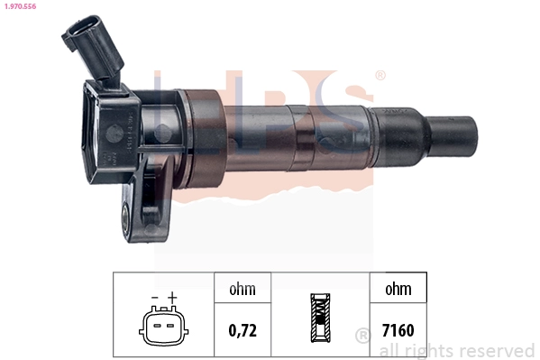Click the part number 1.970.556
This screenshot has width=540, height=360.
pos(20,6)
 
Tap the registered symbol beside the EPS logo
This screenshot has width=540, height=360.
pos(380,76)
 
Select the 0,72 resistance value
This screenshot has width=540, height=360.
pos(243,330)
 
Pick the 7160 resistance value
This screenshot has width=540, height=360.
pos(397,330)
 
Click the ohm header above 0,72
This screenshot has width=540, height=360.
pos(243,290)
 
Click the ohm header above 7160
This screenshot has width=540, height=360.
pos(397,290)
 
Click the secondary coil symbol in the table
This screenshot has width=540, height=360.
pos(320,318)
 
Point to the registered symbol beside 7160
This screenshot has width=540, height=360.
pos(363,337)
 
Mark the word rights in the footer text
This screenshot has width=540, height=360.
pos(427,351)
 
